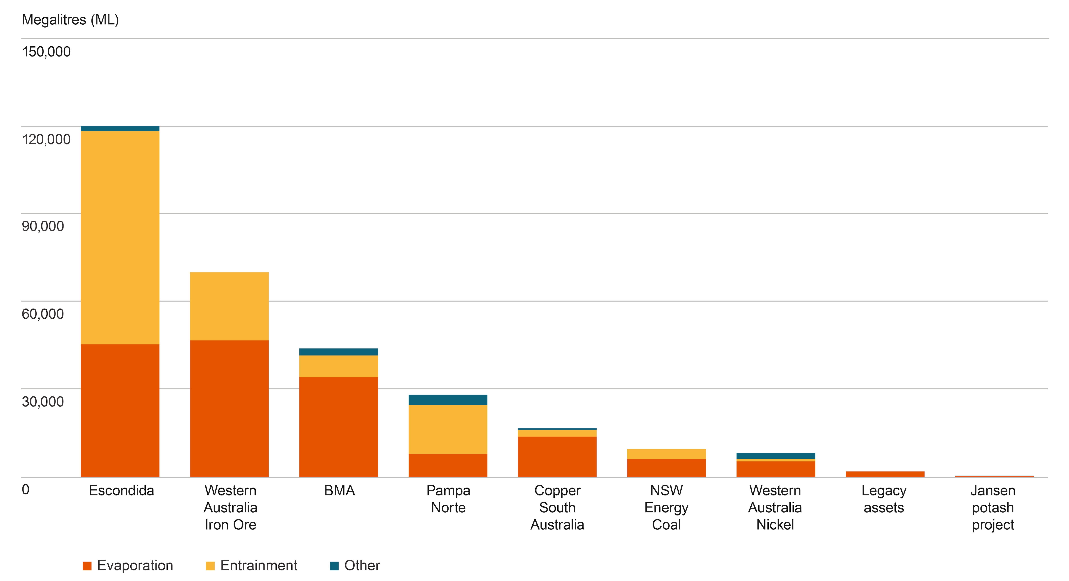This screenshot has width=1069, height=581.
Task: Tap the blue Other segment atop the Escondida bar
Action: (120, 129)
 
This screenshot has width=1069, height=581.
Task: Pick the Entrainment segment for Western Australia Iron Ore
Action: (229, 306)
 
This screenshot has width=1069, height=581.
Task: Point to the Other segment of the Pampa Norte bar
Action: (448, 400)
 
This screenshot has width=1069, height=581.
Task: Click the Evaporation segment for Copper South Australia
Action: (557, 457)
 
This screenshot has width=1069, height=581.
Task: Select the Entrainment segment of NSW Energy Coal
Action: (666, 454)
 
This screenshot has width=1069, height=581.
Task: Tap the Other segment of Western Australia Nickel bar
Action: (775, 456)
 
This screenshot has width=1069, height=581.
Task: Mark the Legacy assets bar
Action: (885, 474)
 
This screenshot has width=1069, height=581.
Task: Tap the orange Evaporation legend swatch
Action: (87, 566)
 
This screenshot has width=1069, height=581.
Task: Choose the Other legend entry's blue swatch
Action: (334, 566)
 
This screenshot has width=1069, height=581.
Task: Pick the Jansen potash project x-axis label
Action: (993, 507)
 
